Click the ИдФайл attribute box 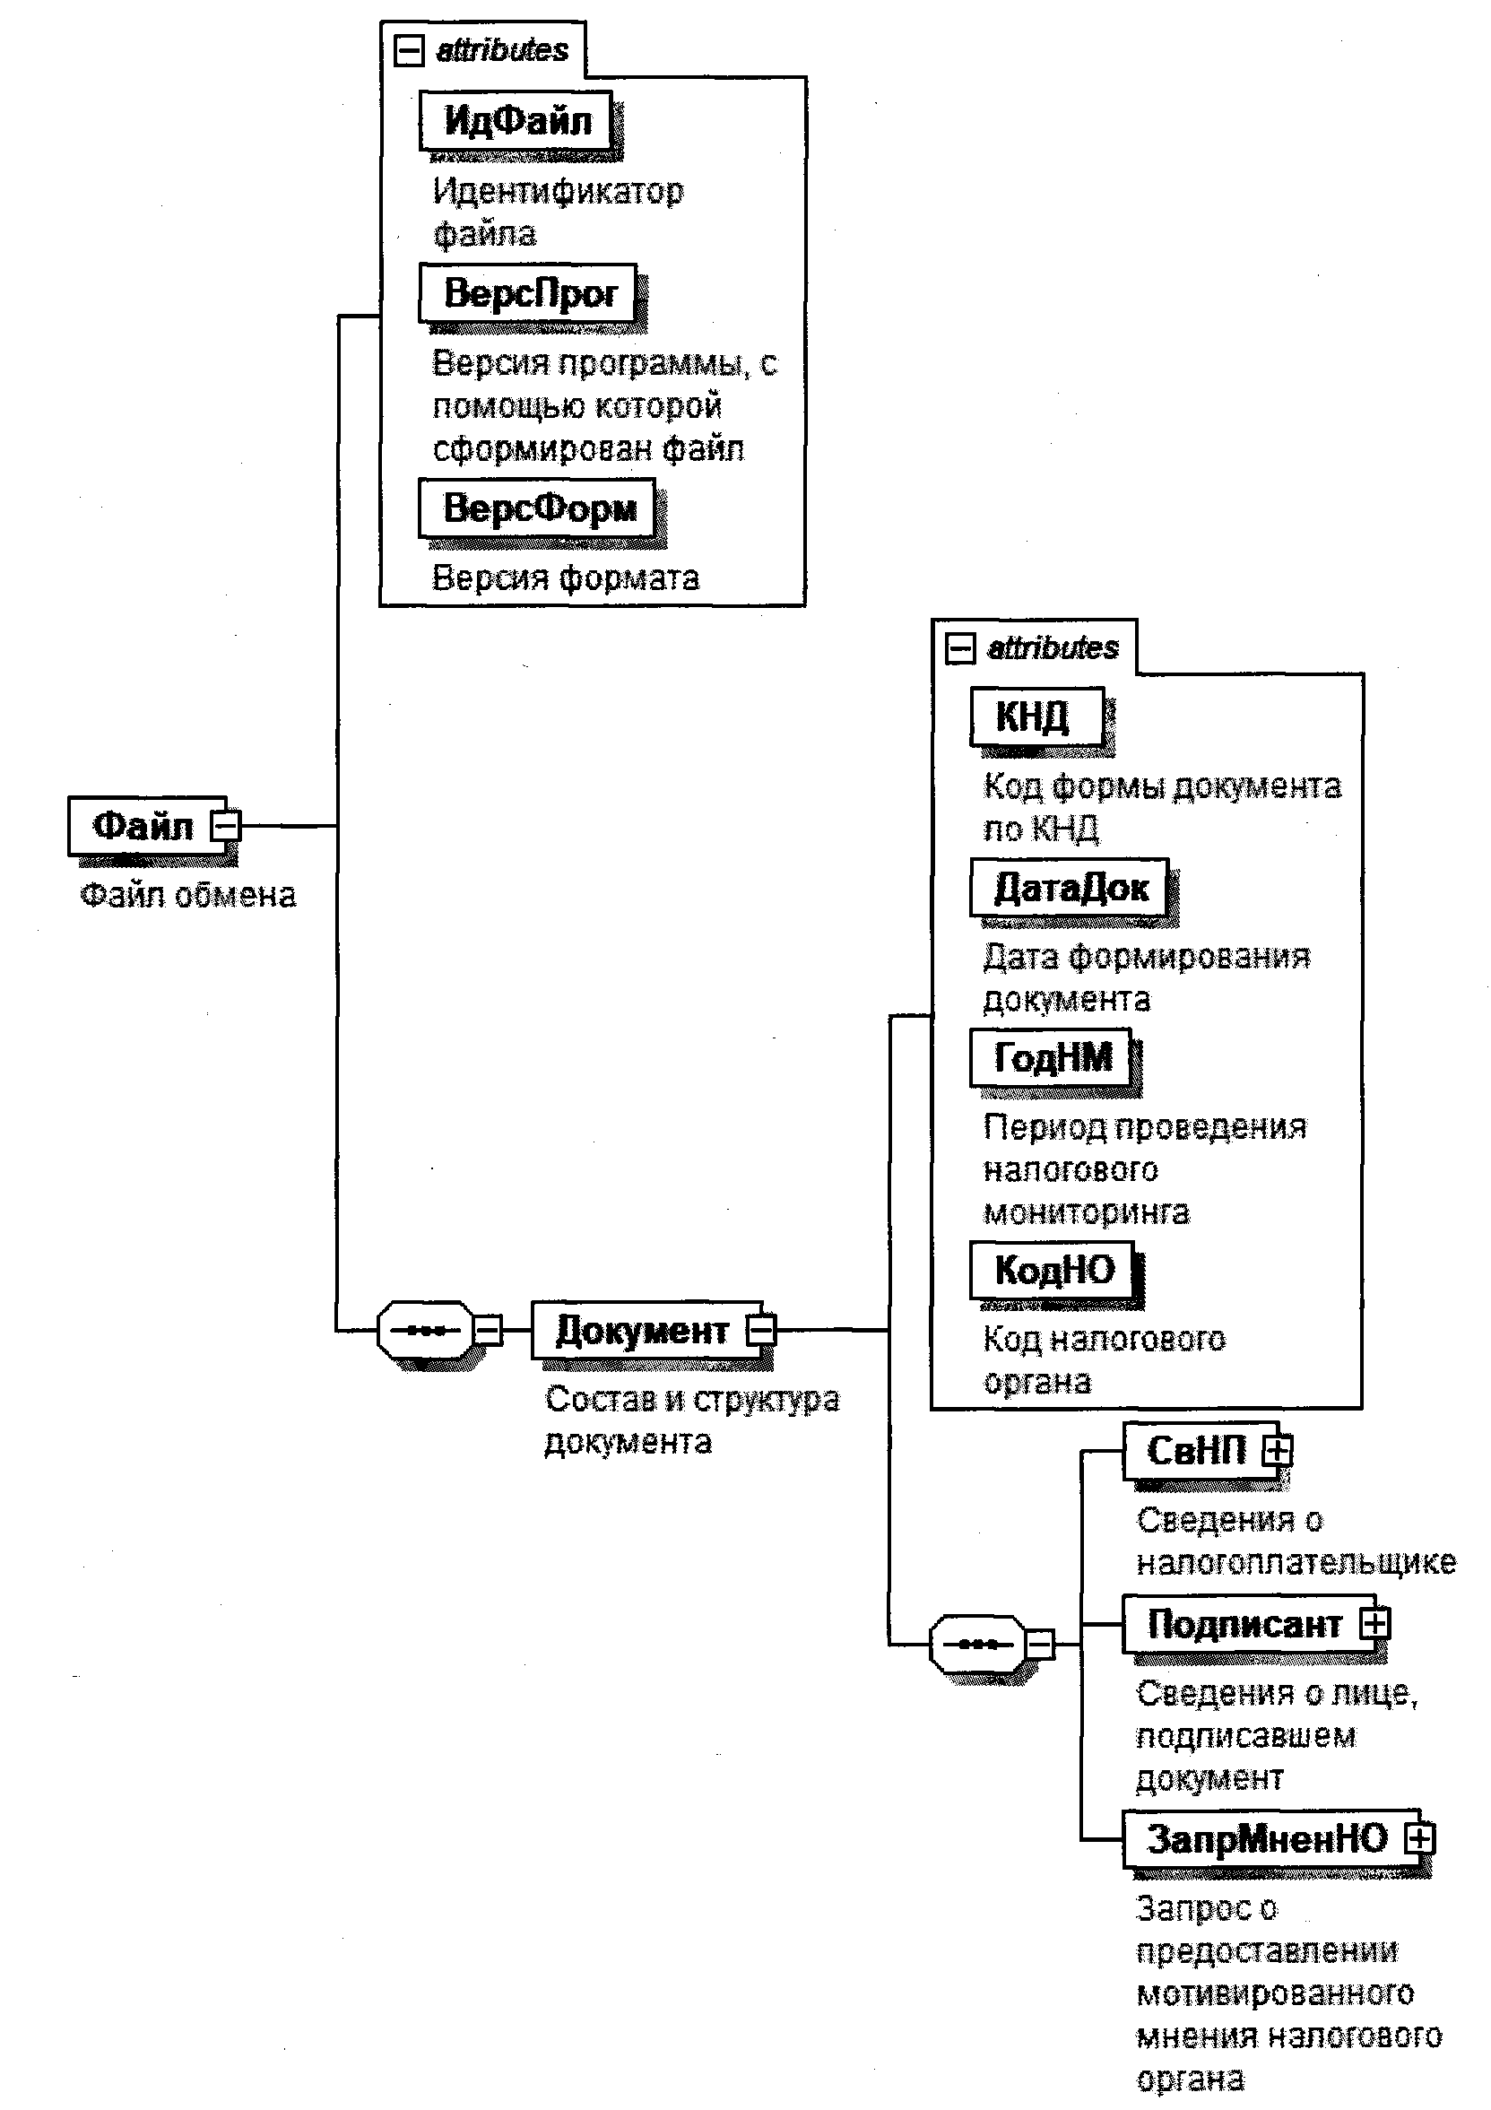[x=516, y=120]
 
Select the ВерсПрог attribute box [x=527, y=293]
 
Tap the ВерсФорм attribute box [x=537, y=508]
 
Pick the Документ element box [x=642, y=1330]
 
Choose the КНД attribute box [x=1036, y=716]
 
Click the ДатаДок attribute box [x=1070, y=887]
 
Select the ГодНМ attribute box [x=1051, y=1057]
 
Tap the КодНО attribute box [x=1053, y=1269]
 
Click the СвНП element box [x=1195, y=1451]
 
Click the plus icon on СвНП [x=1277, y=1451]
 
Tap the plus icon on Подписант [x=1374, y=1624]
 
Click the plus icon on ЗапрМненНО [x=1419, y=1838]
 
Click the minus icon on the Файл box [x=226, y=825]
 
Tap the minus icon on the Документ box [x=761, y=1330]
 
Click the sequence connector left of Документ [x=426, y=1330]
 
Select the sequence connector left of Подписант [x=978, y=1644]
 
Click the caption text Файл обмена [x=188, y=895]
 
